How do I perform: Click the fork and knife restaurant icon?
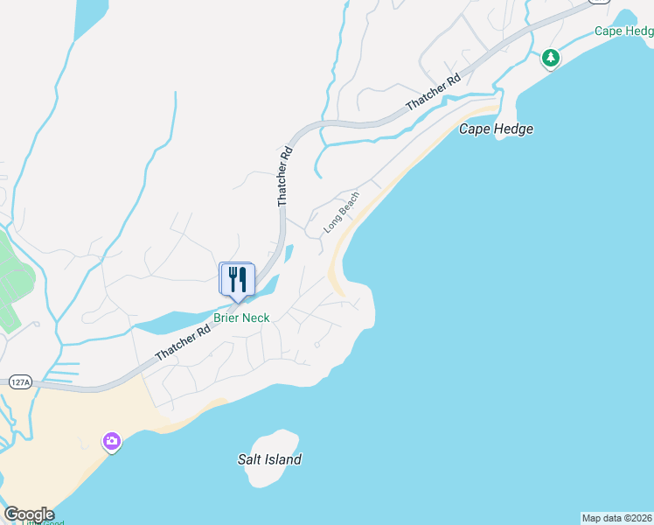237,280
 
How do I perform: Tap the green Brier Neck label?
241,318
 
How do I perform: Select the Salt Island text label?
269,459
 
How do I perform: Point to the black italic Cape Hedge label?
496,129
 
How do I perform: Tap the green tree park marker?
550,58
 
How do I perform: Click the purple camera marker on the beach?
112,441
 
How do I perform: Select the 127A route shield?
19,382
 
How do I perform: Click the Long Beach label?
341,212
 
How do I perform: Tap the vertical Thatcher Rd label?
283,177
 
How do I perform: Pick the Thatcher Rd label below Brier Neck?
183,343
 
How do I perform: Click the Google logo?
29,514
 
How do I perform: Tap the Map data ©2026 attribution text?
617,518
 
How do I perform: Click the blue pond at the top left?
91,17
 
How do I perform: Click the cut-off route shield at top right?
600,2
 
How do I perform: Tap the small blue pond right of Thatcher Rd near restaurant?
289,254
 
